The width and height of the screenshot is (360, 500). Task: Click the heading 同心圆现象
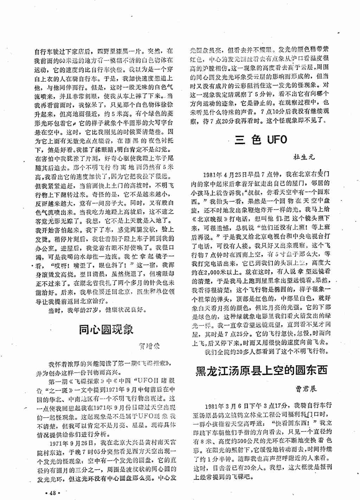(x=106, y=329)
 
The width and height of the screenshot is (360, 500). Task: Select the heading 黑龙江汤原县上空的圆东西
(x=261, y=371)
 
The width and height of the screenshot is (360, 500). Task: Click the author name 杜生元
(x=304, y=157)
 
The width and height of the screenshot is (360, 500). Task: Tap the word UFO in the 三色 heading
(x=277, y=140)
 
